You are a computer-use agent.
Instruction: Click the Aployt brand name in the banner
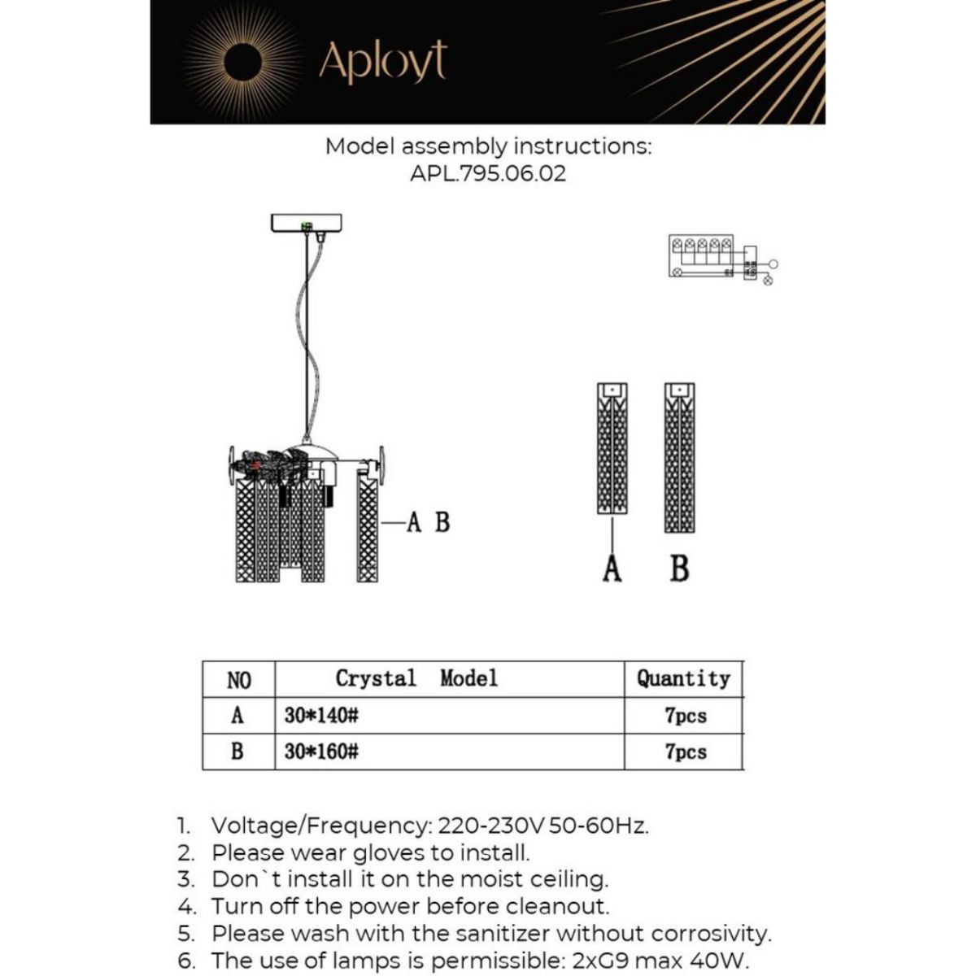point(383,62)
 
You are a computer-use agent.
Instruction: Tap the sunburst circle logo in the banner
point(242,62)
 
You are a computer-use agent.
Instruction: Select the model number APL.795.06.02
point(488,173)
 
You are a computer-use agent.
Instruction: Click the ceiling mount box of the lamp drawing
point(306,222)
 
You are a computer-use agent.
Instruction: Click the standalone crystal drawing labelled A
point(612,448)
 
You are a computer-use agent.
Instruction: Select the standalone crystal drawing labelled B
point(679,457)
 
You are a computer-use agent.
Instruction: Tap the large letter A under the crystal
point(612,569)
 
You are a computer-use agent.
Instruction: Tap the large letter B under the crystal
point(679,569)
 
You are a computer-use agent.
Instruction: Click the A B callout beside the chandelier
point(428,522)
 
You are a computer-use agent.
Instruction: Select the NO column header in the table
point(239,680)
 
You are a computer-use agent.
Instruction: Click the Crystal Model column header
point(416,678)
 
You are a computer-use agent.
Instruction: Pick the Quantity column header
point(683,678)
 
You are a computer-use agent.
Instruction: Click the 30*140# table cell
point(322,716)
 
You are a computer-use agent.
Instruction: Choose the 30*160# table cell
point(322,752)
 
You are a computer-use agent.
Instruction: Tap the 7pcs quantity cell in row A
point(685,716)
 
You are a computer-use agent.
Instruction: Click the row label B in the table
point(237,752)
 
